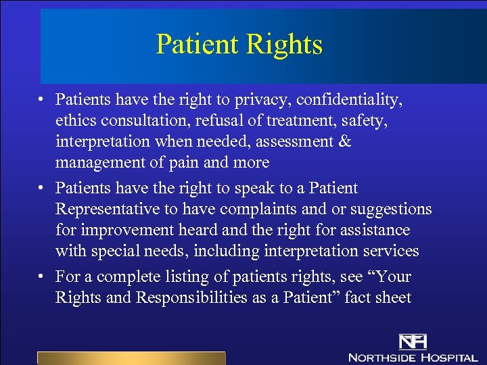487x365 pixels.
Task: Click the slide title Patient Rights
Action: point(239,45)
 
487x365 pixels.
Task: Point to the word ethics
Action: point(74,121)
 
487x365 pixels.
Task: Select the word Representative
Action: point(110,209)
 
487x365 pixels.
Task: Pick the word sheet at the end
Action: point(394,297)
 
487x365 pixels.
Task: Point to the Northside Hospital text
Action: point(413,357)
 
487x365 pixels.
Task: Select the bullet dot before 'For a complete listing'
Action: point(42,277)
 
